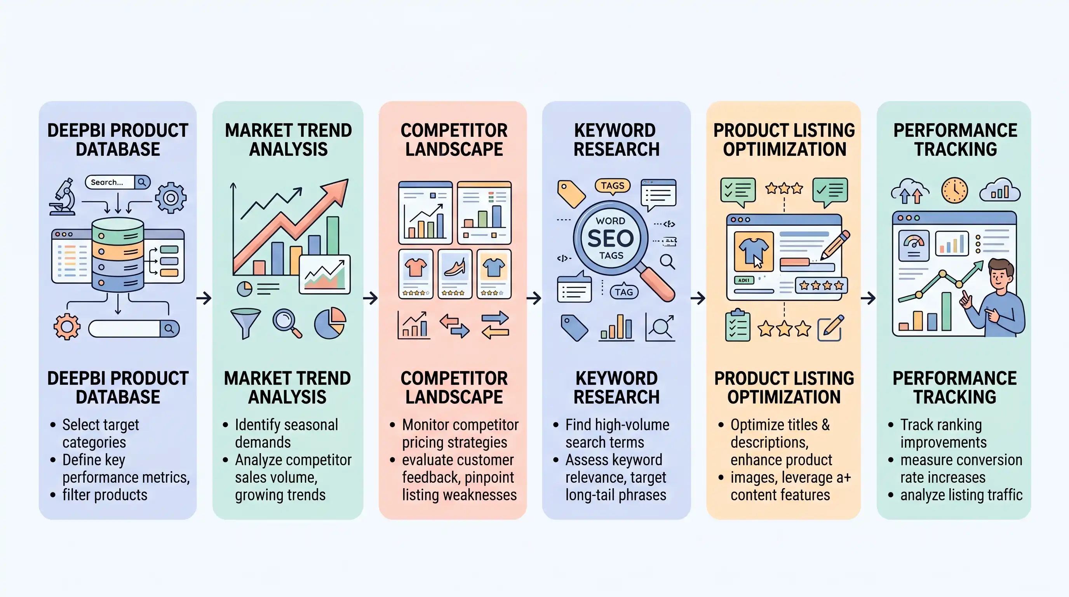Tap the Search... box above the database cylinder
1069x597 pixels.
pyautogui.click(x=110, y=182)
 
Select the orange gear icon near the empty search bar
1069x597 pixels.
pyautogui.click(x=67, y=327)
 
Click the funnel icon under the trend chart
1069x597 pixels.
pyautogui.click(x=245, y=323)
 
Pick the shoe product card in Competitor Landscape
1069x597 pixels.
pyautogui.click(x=455, y=274)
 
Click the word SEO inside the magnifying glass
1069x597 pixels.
pyautogui.click(x=611, y=238)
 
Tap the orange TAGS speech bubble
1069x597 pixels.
pyautogui.click(x=613, y=185)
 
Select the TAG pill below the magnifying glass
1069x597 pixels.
pyautogui.click(x=624, y=292)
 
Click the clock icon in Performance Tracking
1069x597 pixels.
pyautogui.click(x=954, y=190)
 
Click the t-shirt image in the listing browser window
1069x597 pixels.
pyautogui.click(x=754, y=251)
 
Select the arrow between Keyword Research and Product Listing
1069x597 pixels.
pyautogui.click(x=698, y=298)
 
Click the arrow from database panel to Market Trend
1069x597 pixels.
pyautogui.click(x=204, y=298)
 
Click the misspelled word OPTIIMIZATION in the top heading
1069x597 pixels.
pyautogui.click(x=784, y=150)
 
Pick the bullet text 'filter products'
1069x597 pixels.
pyautogui.click(x=104, y=495)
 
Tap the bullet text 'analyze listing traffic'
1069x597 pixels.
pyautogui.click(x=961, y=495)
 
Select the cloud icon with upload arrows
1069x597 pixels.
pyautogui.click(x=910, y=192)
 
